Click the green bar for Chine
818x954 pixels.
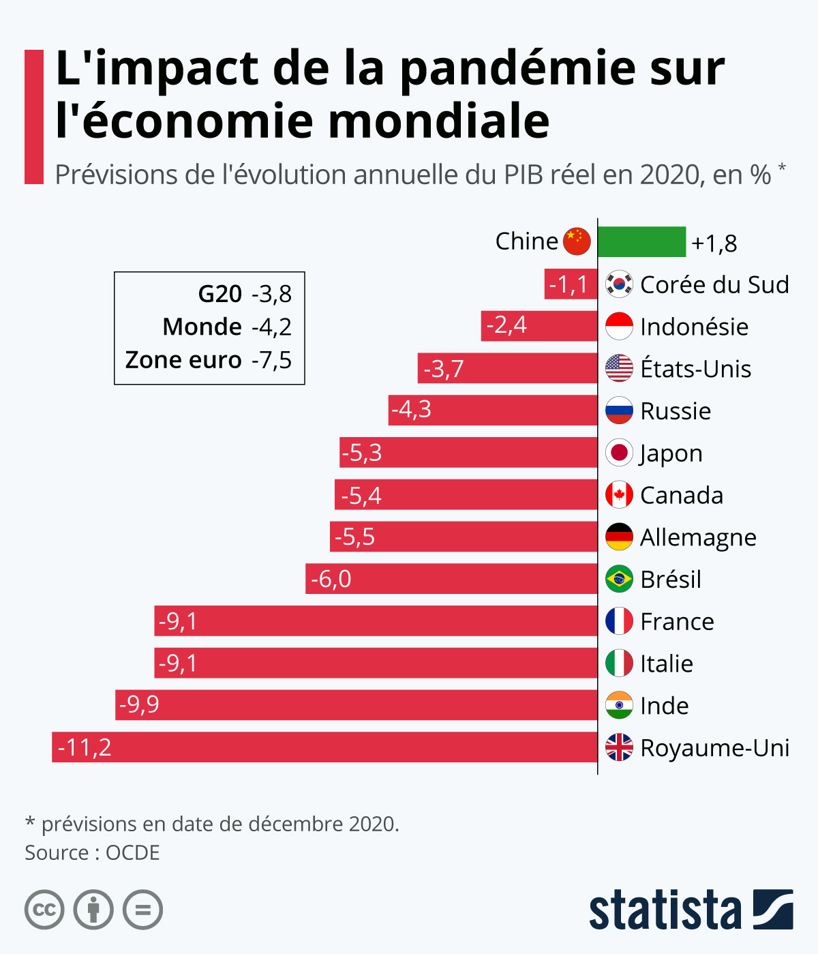(641, 242)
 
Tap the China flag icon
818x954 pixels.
(577, 241)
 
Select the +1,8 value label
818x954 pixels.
(714, 243)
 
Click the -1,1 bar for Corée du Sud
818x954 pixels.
(571, 284)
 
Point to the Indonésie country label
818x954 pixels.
(694, 327)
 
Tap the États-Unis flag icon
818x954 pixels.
(619, 368)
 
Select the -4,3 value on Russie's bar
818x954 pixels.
(411, 410)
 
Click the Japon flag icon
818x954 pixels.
(619, 453)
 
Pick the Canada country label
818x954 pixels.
(682, 495)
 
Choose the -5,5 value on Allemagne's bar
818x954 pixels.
(354, 537)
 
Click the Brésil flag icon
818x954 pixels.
(619, 579)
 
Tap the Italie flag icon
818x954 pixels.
(619, 663)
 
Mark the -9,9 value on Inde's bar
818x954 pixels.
(139, 704)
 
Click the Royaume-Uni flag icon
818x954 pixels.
(619, 747)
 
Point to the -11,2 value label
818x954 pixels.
(85, 747)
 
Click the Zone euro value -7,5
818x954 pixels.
(271, 360)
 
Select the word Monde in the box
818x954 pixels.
(202, 327)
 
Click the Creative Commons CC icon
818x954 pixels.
(44, 910)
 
